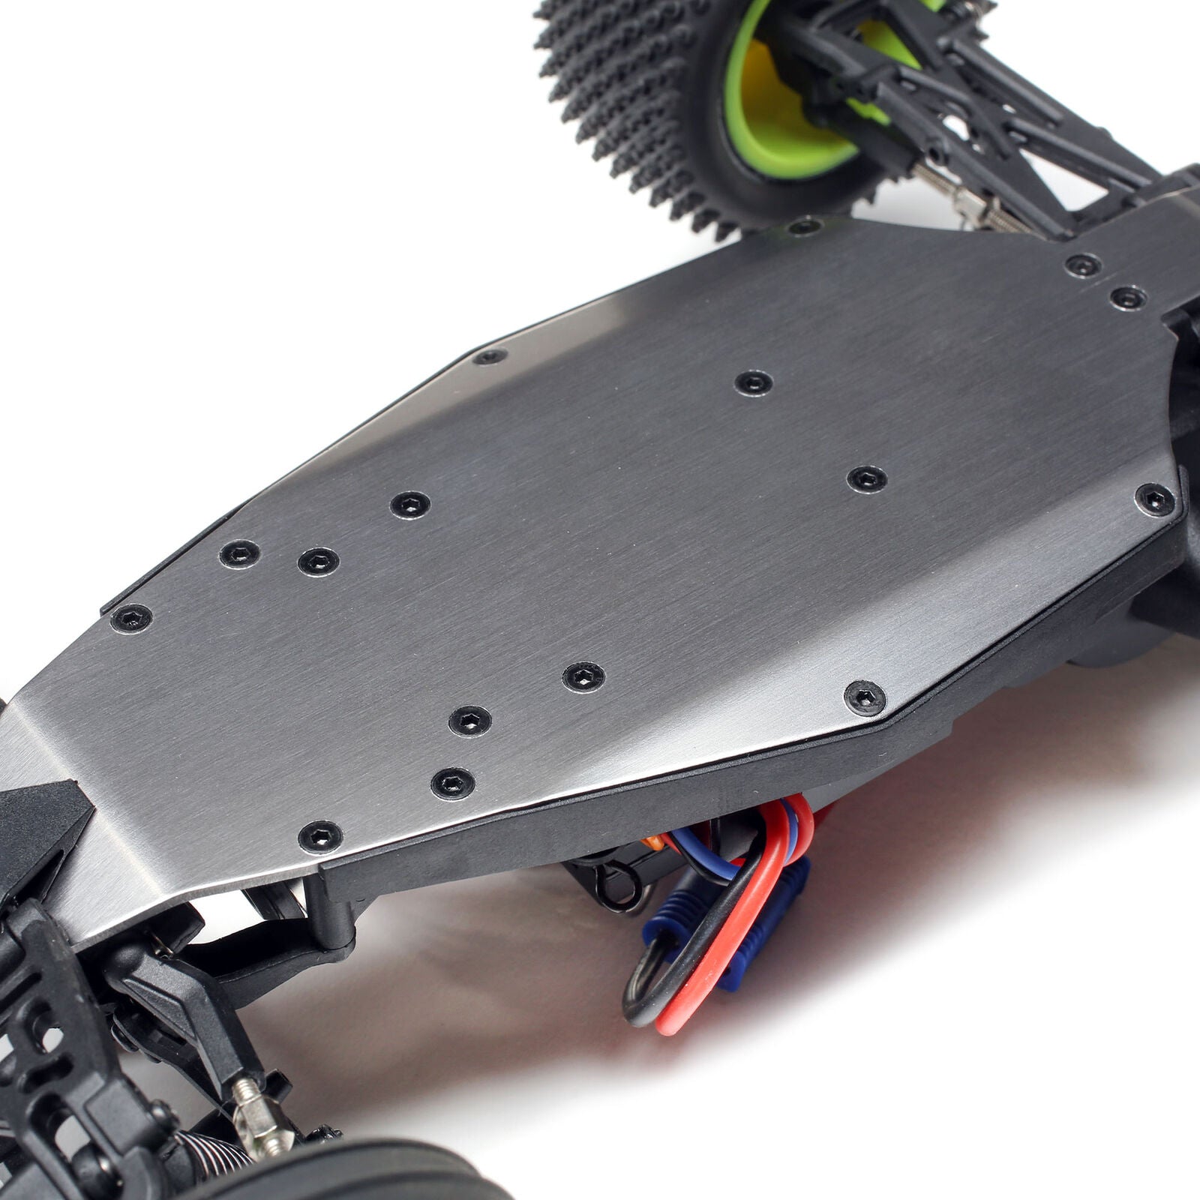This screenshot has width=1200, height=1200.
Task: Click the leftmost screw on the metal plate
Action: pyautogui.click(x=131, y=619)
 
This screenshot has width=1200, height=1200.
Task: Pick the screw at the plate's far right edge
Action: pyautogui.click(x=1155, y=499)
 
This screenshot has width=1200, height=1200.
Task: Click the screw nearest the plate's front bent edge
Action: pyautogui.click(x=320, y=836)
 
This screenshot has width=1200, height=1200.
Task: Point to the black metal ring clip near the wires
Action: pyautogui.click(x=615, y=885)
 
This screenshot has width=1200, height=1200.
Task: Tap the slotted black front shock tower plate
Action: pyautogui.click(x=45, y=1050)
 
